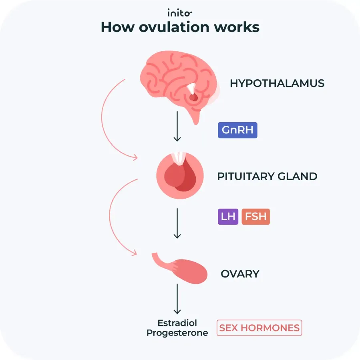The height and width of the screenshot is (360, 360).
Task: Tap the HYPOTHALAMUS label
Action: (x=277, y=83)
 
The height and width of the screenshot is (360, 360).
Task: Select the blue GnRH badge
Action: (x=237, y=131)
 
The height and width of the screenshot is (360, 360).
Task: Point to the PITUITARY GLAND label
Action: (x=267, y=176)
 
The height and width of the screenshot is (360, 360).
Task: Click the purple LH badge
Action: (x=228, y=217)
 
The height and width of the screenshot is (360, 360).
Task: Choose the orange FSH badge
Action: (x=255, y=217)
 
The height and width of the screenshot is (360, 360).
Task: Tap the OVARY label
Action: (x=240, y=274)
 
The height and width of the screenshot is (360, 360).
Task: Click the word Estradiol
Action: (x=177, y=323)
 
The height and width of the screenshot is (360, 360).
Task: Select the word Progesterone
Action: (x=177, y=333)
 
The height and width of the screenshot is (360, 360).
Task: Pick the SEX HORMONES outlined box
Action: (x=259, y=328)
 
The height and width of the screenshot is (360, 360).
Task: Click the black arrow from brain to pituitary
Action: (x=177, y=126)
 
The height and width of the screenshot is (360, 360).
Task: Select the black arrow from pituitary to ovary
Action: (x=177, y=223)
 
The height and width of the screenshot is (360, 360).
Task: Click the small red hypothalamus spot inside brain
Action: (x=193, y=97)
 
